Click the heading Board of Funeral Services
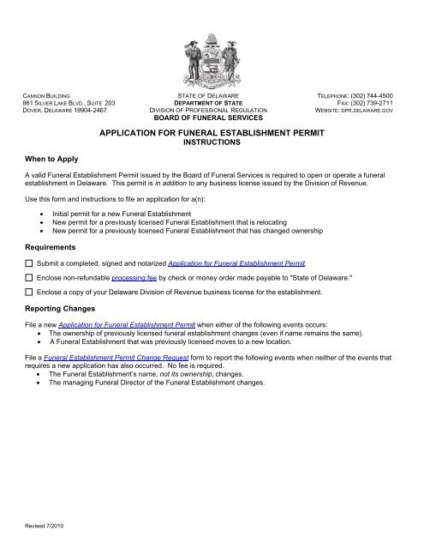[212, 118]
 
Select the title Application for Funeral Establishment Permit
[212, 135]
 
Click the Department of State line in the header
[212, 103]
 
